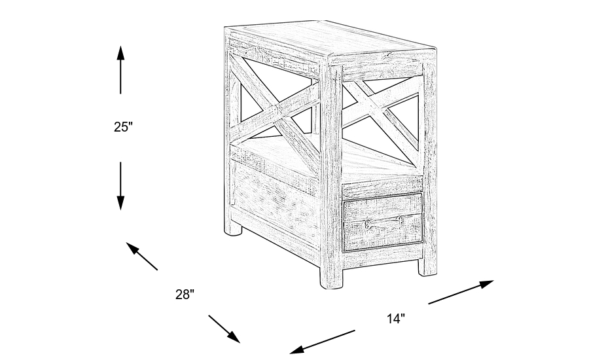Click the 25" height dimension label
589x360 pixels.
124,127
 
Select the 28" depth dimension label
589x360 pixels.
185,295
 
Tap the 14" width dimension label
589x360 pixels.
396,319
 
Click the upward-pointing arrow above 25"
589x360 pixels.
120,69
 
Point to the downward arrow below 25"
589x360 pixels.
120,186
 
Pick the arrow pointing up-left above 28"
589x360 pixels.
142,257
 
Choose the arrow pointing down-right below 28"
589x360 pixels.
224,329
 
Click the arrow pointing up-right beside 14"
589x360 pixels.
461,292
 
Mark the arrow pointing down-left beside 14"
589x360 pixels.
322,342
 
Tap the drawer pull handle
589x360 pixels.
383,221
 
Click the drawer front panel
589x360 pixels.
383,222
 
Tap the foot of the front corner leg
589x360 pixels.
333,280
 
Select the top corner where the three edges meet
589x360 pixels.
327,56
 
